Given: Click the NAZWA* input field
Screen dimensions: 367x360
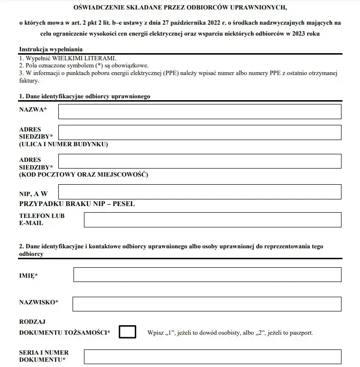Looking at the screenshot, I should (x=199, y=112).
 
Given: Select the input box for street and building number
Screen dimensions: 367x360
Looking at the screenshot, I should (x=199, y=132).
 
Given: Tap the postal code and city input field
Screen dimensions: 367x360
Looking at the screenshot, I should (x=199, y=161).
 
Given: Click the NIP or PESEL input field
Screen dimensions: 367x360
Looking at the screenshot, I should (x=199, y=192).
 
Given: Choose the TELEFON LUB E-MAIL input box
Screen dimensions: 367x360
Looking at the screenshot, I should (x=212, y=220).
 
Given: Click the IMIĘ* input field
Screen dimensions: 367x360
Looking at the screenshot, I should (x=207, y=274).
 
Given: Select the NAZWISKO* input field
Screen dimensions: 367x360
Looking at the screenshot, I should (x=207, y=304).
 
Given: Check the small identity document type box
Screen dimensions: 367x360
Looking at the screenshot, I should (x=127, y=332).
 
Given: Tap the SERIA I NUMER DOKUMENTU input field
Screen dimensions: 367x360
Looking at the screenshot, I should (x=212, y=357).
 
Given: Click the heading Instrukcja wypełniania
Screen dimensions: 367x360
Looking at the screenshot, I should (x=51, y=49).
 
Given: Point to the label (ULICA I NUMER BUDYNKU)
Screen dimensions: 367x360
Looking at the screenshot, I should (x=64, y=144).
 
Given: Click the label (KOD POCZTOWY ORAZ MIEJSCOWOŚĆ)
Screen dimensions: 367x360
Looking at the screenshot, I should (x=83, y=175).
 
